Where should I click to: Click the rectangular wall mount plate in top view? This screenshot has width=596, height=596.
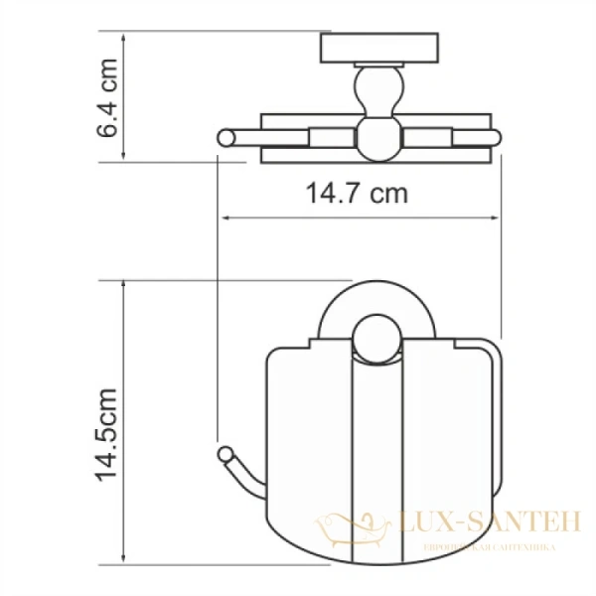pyautogui.click(x=367, y=48)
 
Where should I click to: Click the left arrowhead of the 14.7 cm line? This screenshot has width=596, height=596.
pyautogui.click(x=223, y=218)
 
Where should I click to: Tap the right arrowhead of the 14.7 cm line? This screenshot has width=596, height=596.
pyautogui.click(x=498, y=218)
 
